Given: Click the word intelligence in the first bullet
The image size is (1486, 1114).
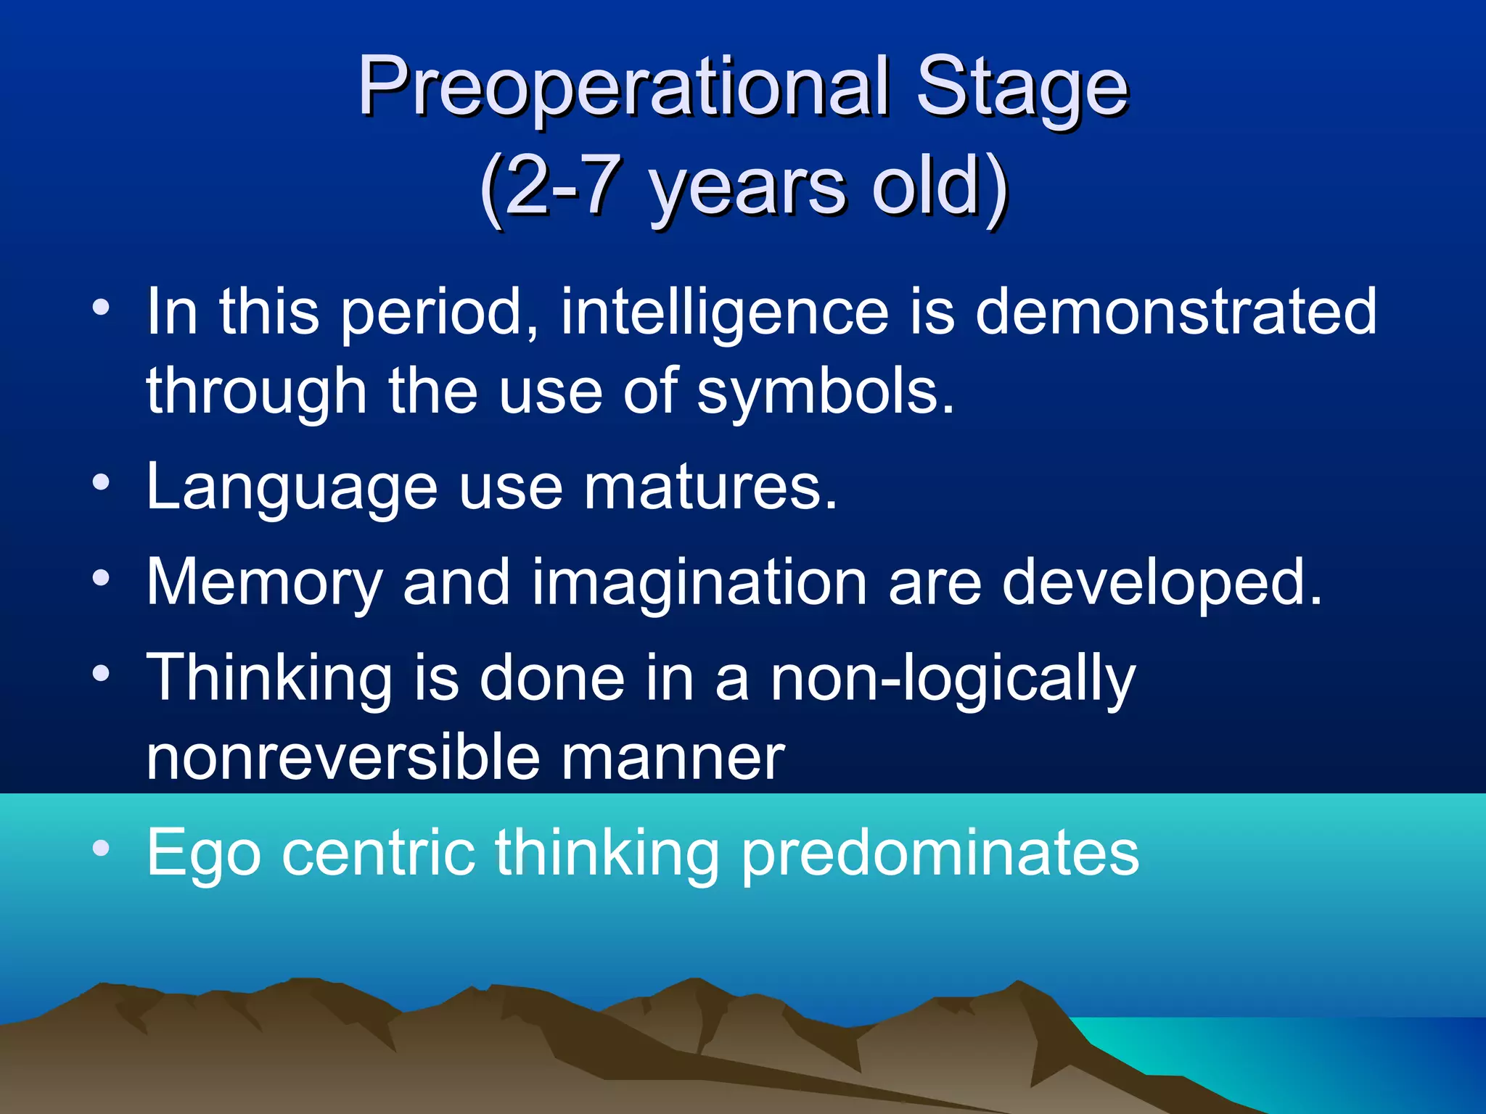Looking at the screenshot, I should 725,312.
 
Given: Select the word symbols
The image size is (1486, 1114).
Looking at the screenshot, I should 825,392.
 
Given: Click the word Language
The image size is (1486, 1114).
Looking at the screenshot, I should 292,487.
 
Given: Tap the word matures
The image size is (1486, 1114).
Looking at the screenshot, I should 711,487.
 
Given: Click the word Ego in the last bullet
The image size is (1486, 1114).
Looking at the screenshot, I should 203,854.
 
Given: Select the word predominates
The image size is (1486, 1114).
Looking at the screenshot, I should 940,854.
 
